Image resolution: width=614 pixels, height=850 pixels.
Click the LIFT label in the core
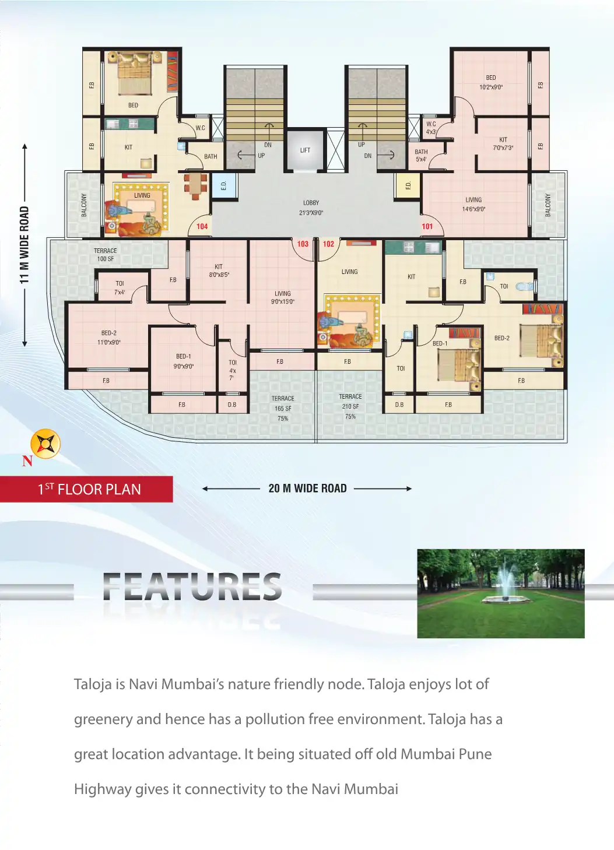[x=305, y=150]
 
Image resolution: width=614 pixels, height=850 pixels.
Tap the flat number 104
[x=202, y=227]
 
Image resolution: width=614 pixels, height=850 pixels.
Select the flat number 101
[x=427, y=227]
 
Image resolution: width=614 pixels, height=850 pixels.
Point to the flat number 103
[x=303, y=244]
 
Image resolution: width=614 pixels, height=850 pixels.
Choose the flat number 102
[x=328, y=244]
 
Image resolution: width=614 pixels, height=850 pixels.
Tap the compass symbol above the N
[x=45, y=444]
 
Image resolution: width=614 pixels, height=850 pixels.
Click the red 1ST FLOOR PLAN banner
[x=87, y=489]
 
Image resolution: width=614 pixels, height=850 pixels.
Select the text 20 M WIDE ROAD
[x=307, y=489]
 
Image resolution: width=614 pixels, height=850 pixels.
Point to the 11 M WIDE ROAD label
[x=24, y=245]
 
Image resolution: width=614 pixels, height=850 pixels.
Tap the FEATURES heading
[x=192, y=587]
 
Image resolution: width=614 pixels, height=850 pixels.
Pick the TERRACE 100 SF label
[x=106, y=255]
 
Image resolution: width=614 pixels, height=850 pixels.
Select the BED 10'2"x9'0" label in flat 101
[x=491, y=82]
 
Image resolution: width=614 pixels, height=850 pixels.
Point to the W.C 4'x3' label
[x=431, y=128]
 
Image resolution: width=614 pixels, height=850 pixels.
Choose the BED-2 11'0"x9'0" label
[x=109, y=338]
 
